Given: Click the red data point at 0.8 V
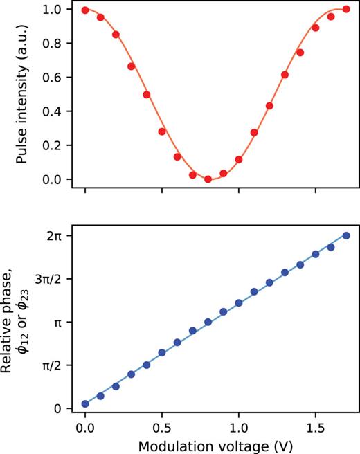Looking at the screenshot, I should (x=208, y=179).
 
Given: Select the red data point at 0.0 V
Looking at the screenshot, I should (x=85, y=10).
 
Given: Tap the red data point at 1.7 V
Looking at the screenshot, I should (x=346, y=10).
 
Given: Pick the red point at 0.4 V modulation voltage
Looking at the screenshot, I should (x=147, y=95).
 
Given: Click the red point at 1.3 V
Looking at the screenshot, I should (x=285, y=75).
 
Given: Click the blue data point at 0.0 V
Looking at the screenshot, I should (x=85, y=403).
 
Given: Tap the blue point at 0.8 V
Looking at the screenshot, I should (x=208, y=322).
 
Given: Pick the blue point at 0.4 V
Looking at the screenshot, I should (x=147, y=365).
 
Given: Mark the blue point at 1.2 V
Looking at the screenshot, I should (x=269, y=282).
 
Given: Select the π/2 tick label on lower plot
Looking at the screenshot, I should (x=52, y=365).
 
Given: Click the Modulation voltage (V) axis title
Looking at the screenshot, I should (x=215, y=443).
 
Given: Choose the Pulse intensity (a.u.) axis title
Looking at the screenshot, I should (x=22, y=95).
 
